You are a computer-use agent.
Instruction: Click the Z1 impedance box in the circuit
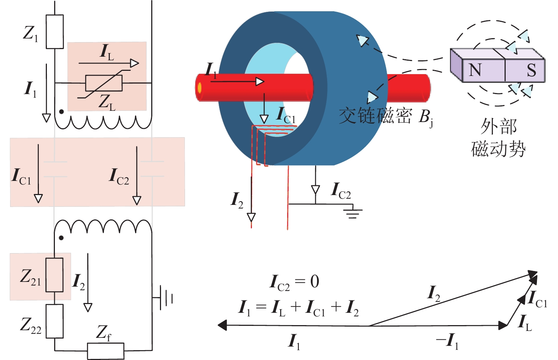(x=55, y=32)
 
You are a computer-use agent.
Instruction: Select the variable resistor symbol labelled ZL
(x=104, y=83)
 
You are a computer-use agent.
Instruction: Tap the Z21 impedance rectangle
(x=55, y=275)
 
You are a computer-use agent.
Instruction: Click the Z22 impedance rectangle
(x=55, y=321)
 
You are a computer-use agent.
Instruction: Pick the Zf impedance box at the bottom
(x=105, y=351)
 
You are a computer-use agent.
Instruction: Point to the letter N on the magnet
(x=475, y=70)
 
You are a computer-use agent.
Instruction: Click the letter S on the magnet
(x=531, y=70)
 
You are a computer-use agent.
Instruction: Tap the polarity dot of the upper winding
(x=61, y=112)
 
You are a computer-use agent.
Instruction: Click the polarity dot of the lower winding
(x=61, y=238)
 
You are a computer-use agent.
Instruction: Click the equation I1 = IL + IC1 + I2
(x=298, y=308)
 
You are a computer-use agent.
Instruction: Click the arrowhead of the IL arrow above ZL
(x=135, y=63)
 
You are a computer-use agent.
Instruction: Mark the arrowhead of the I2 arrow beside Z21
(x=88, y=307)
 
